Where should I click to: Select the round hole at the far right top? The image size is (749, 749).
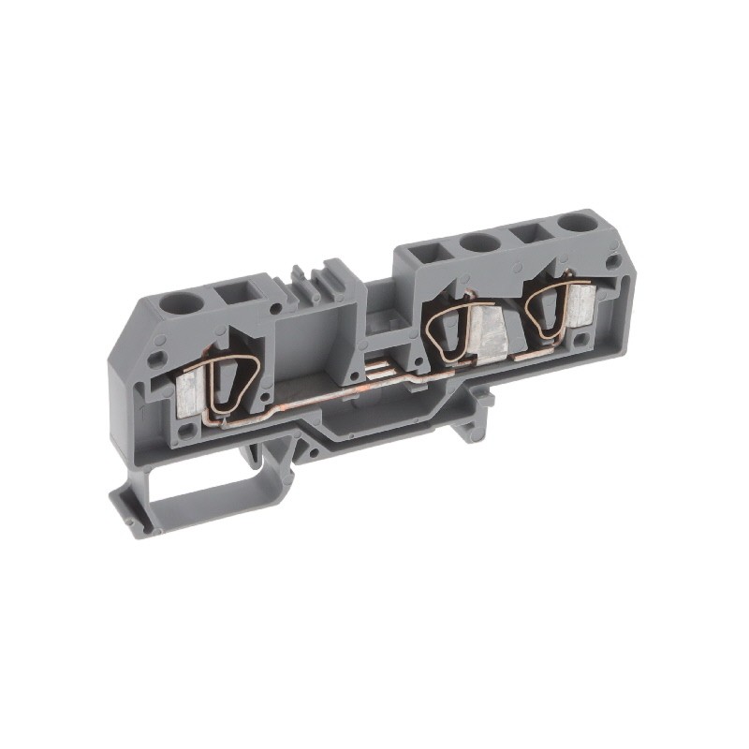click(572, 225)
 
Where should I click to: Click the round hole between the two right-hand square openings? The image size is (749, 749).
click(479, 243)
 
